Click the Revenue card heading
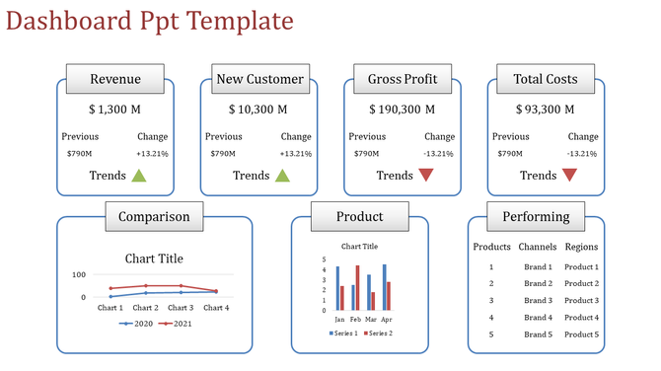[x=115, y=79]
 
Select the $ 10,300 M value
[x=258, y=110]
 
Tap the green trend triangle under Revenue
[x=139, y=176]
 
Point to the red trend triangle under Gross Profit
[x=426, y=176]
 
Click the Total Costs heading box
[x=546, y=79]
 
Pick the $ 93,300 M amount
[x=546, y=110]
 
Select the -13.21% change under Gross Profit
[x=438, y=153]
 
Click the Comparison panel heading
[x=154, y=216]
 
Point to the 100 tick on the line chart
[x=80, y=273]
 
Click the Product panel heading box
[x=359, y=216]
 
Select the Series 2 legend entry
[x=378, y=334]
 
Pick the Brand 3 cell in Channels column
[x=537, y=300]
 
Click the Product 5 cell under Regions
[x=581, y=334]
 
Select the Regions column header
[x=581, y=247]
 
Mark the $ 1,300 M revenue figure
[x=115, y=110]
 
